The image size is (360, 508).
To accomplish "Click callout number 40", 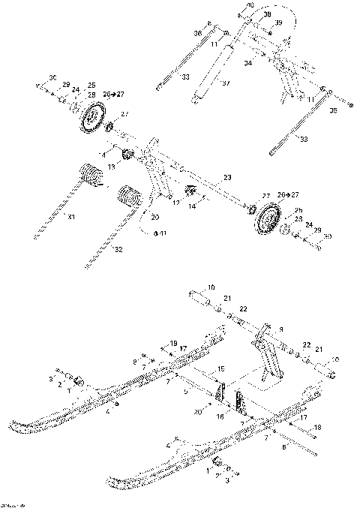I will tap(250, 6).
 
